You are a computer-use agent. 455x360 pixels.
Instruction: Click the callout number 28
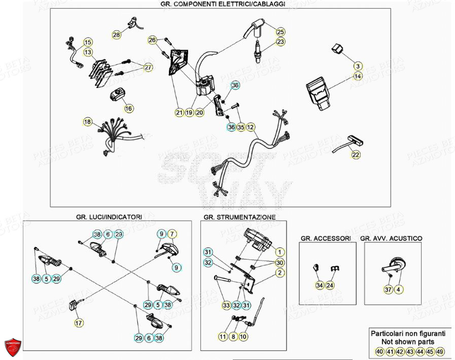[117, 35]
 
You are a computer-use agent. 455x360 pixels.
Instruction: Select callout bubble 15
[88, 42]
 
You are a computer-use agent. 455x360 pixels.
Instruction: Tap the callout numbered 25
[281, 31]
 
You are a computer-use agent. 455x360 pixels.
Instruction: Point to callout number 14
[358, 76]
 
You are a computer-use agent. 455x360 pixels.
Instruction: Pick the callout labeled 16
[128, 108]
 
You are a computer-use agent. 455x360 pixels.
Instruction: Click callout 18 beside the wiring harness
[88, 122]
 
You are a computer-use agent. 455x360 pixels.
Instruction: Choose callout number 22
[356, 155]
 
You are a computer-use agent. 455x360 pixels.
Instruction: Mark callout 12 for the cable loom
[251, 127]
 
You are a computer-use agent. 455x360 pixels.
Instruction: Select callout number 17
[79, 322]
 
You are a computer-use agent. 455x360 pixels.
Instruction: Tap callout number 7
[172, 234]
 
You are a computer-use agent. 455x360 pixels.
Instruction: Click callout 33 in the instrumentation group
[226, 306]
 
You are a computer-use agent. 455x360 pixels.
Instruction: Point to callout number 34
[320, 285]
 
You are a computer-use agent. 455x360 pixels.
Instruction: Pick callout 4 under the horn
[399, 289]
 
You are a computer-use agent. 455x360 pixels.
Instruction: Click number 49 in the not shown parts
[440, 352]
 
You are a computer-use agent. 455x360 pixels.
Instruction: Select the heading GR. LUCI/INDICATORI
[109, 217]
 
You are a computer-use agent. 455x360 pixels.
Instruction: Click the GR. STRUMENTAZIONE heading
[239, 217]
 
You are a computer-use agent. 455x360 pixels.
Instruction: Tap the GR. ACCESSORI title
[325, 238]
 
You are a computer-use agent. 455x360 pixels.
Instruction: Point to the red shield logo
[13, 347]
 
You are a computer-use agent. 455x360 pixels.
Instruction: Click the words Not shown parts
[408, 342]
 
